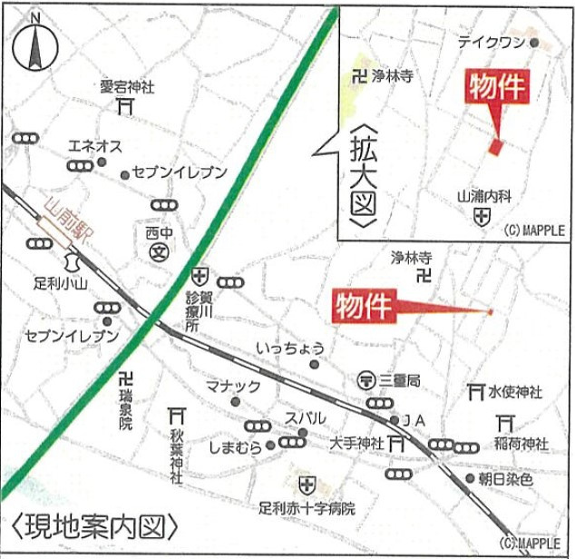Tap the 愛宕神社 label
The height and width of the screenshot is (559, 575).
click(x=127, y=87)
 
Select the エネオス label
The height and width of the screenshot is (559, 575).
click(x=95, y=145)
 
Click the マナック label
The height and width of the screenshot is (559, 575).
click(x=234, y=387)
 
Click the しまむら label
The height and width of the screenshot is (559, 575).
click(x=234, y=446)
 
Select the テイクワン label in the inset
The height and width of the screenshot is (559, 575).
click(x=491, y=42)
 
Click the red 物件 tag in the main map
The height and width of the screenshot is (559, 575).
click(x=363, y=306)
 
